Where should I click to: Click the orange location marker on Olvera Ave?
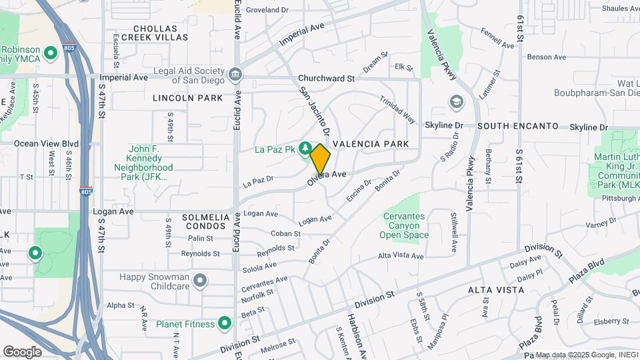coord(320,159)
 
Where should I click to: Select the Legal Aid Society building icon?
coord(234,74)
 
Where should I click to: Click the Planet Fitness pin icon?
coord(225,324)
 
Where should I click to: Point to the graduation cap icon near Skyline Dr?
coord(456,102)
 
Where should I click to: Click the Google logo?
coord(22,351)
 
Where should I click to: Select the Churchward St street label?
coord(326,78)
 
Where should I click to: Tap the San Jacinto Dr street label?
coord(314,111)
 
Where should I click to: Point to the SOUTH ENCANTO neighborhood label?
coord(517,125)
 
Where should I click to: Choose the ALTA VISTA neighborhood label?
coord(495,290)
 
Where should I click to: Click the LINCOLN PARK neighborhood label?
coord(187,98)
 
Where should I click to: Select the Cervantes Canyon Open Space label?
coord(405,225)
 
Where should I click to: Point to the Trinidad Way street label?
coord(398,109)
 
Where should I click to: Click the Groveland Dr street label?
coord(267,10)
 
